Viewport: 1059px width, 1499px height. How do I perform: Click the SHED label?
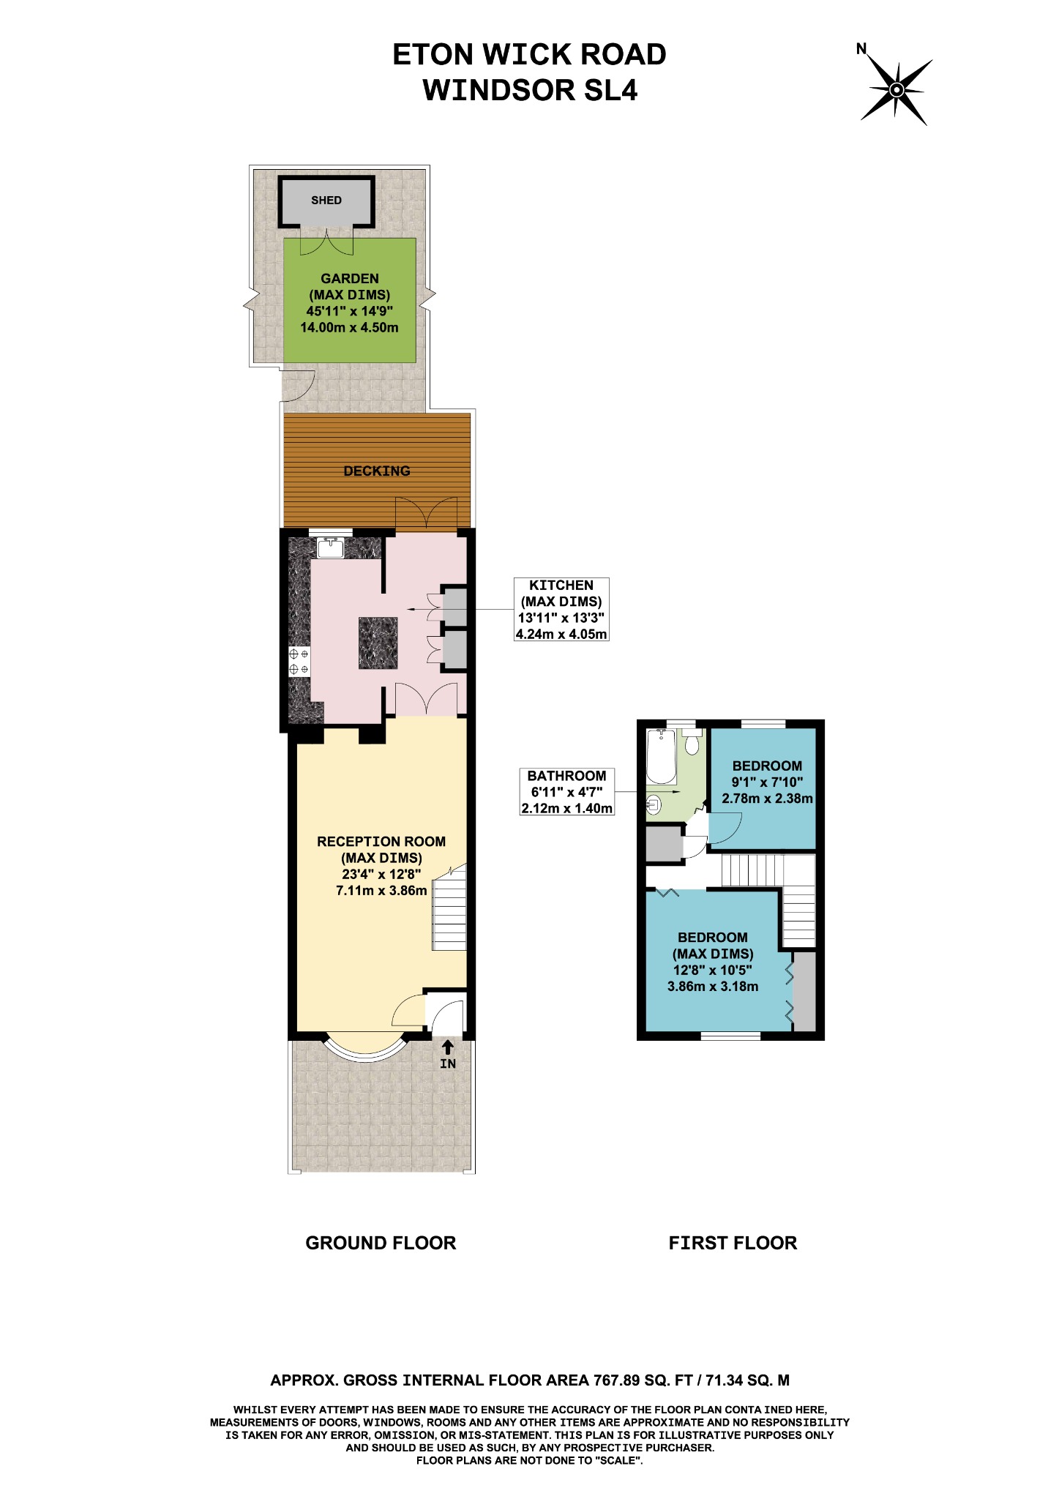pyautogui.click(x=326, y=201)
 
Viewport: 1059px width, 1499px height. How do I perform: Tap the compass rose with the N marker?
pyautogui.click(x=897, y=90)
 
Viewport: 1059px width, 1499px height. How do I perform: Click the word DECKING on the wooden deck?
pyautogui.click(x=377, y=471)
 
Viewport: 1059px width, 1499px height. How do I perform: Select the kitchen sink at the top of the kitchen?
pyautogui.click(x=332, y=547)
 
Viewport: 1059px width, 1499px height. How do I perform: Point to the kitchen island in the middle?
pyautogui.click(x=378, y=643)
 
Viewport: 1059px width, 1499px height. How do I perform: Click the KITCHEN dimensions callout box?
pyautogui.click(x=561, y=609)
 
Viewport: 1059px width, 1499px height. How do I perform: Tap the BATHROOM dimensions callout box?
pyautogui.click(x=566, y=792)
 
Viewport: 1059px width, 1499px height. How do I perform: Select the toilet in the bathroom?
pyautogui.click(x=692, y=743)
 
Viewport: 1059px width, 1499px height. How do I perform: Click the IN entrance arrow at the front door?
pyautogui.click(x=448, y=1055)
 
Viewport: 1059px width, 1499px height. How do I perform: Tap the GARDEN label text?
pyautogui.click(x=350, y=278)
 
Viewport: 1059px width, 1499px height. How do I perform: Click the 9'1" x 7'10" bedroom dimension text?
pyautogui.click(x=767, y=782)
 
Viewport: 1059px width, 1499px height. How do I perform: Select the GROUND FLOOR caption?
pyautogui.click(x=381, y=1243)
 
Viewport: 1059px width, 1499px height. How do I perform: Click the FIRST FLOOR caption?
pyautogui.click(x=733, y=1243)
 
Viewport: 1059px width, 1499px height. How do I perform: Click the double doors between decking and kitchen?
pyautogui.click(x=426, y=514)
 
